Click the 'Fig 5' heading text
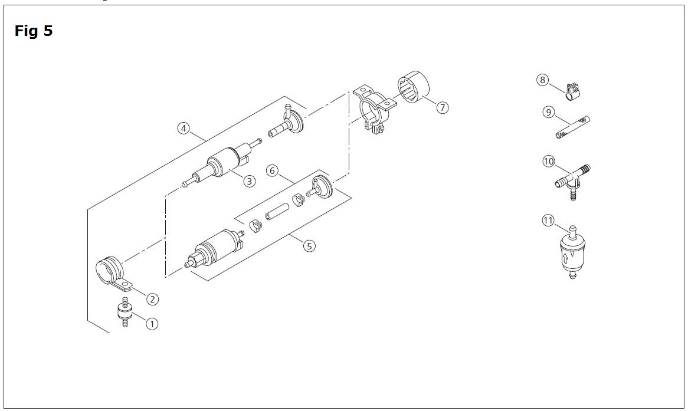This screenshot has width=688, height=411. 34,31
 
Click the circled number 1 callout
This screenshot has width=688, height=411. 152,324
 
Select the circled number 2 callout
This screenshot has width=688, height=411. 152,300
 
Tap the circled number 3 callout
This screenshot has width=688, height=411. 249,180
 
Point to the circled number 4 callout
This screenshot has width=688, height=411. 184,129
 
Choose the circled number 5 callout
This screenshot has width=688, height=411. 309,246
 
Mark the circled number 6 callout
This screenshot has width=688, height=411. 272,170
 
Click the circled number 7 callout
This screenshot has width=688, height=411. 443,107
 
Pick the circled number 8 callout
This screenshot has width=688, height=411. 543,80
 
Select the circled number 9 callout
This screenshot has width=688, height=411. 549,113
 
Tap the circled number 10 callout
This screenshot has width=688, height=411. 549,162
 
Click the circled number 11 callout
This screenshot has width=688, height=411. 548,220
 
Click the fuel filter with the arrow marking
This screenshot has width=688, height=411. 572,253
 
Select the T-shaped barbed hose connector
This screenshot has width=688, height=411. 572,182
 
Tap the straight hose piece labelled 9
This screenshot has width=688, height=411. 573,127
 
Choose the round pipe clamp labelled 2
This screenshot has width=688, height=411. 113,274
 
